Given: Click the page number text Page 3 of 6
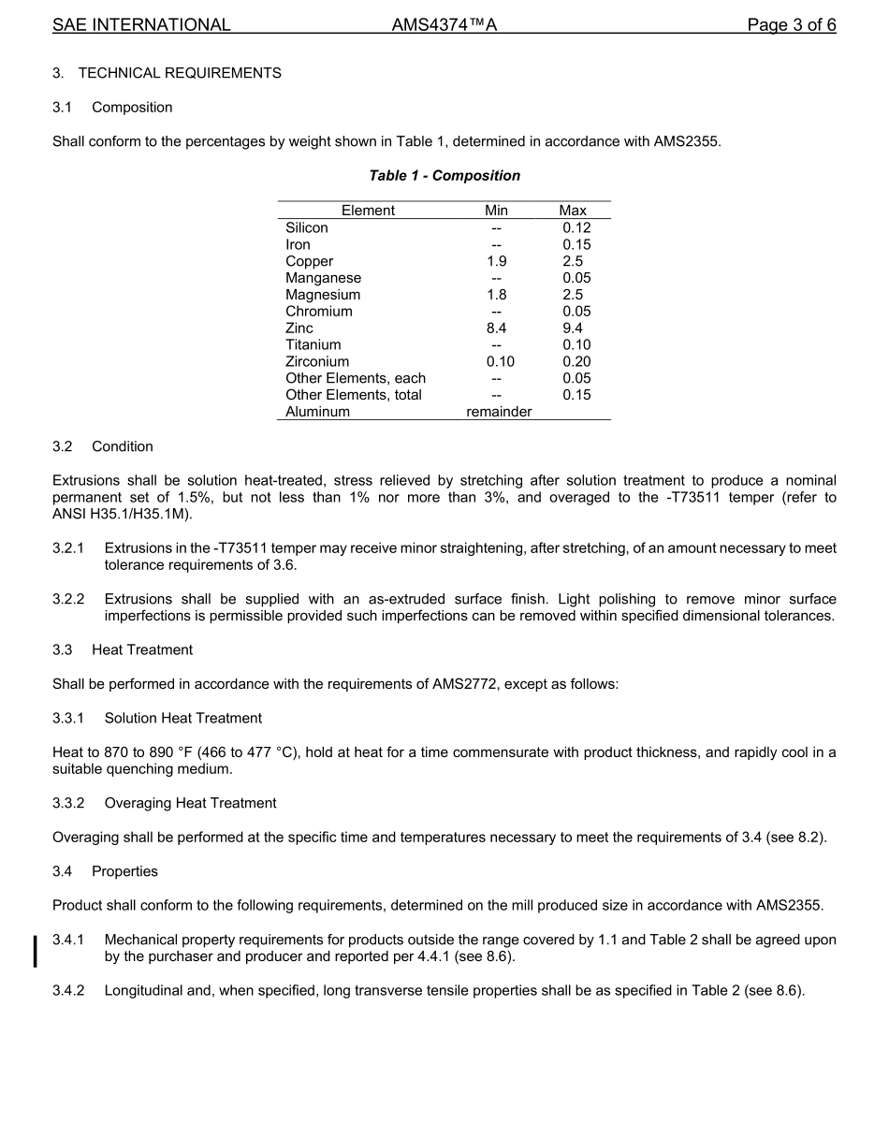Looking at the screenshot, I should (791, 25).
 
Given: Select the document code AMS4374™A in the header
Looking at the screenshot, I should (444, 25).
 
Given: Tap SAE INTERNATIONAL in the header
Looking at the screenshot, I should (141, 25).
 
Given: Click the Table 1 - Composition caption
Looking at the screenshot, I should (444, 176).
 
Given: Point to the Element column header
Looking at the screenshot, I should (368, 211).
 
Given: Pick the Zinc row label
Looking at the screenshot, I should (299, 328).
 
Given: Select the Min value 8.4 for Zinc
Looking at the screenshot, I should (496, 328).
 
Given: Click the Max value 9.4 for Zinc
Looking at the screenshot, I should (573, 328).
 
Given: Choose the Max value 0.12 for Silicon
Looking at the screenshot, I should (576, 227).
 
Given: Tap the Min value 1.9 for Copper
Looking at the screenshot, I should (496, 261).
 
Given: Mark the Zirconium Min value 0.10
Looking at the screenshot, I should (500, 362).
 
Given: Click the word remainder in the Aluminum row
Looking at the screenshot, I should (499, 412).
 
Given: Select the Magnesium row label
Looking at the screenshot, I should (323, 295).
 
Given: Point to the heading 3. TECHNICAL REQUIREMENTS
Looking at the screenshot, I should (167, 73).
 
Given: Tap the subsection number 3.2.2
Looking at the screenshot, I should (68, 599).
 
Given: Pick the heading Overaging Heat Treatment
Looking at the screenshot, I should (190, 803).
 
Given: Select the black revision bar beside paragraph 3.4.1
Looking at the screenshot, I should (36, 949).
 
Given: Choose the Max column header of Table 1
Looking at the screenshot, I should (573, 211).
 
